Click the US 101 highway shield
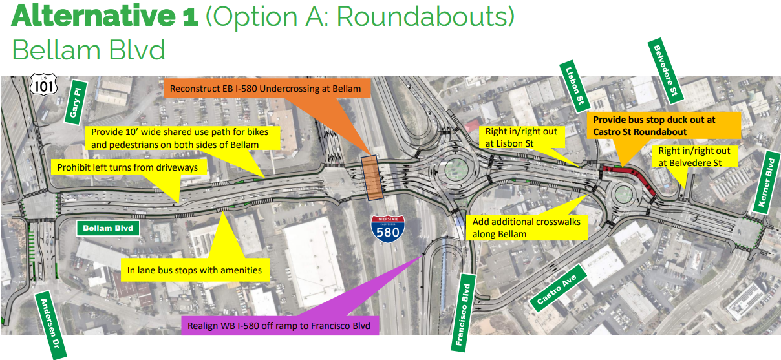click(x=43, y=84)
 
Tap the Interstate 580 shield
click(x=388, y=229)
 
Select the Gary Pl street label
click(x=76, y=103)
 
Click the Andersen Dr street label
click(x=50, y=324)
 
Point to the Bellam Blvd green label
click(x=108, y=228)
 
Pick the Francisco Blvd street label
click(x=463, y=313)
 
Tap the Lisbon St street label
click(x=574, y=87)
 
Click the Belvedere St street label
click(x=665, y=71)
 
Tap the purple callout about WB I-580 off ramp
click(x=280, y=326)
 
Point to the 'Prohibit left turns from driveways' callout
click(x=128, y=167)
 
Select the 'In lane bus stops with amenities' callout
click(x=195, y=270)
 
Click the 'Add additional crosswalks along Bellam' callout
click(x=527, y=228)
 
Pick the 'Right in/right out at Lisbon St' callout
click(x=522, y=137)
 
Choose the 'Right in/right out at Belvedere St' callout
click(x=695, y=156)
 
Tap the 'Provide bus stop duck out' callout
click(x=663, y=126)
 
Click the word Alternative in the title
click(x=94, y=16)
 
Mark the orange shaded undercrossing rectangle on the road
click(x=372, y=178)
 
